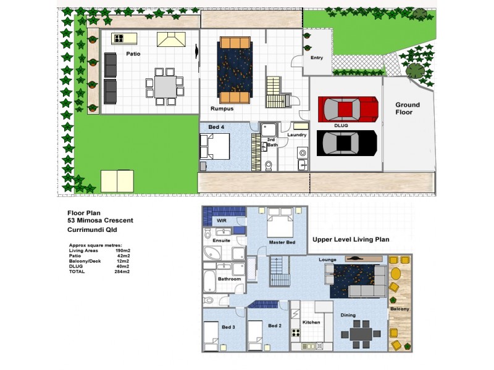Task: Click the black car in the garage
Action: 346,143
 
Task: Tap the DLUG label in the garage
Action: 342,125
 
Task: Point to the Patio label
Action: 133,54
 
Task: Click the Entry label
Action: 316,58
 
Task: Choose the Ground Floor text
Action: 408,109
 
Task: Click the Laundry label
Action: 297,134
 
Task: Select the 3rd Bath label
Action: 270,142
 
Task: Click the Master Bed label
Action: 282,242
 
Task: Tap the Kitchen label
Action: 311,322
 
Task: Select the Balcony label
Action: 399,308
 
